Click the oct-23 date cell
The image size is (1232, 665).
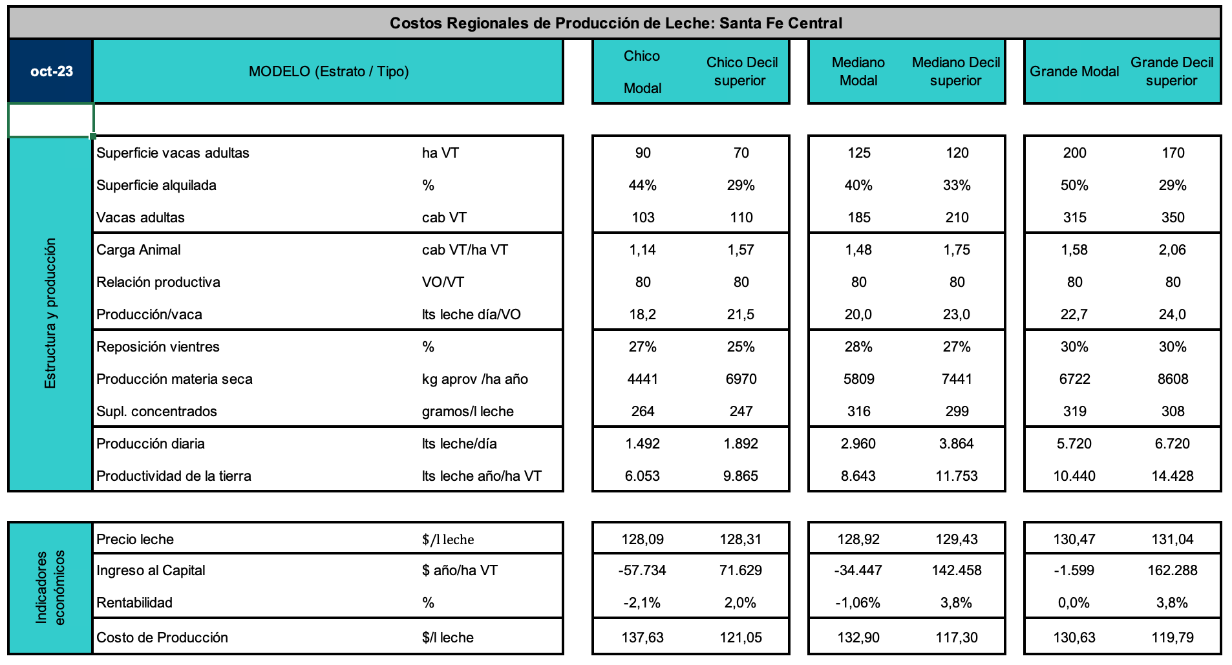tap(51, 71)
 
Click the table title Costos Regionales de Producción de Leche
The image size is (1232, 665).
tap(615, 23)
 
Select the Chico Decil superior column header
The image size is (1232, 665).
tap(741, 71)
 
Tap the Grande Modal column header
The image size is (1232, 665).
tap(1074, 71)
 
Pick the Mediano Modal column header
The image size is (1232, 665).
tap(858, 71)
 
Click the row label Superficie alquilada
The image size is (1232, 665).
tap(156, 185)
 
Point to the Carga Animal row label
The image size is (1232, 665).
tap(138, 250)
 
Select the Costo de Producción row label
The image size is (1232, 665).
tap(162, 638)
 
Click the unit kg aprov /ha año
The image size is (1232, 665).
tap(475, 379)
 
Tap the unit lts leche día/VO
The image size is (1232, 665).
tap(471, 315)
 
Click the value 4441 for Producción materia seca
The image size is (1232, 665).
tap(643, 379)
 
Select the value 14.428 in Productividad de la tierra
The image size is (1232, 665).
tap(1173, 476)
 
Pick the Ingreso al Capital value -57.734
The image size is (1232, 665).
tap(642, 571)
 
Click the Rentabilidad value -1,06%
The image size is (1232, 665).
tap(858, 603)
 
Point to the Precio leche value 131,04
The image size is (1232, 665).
tap(1173, 540)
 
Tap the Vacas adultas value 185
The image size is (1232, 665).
tap(858, 218)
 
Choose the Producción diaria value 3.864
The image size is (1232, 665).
tap(957, 444)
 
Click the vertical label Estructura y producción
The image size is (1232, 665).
tap(50, 313)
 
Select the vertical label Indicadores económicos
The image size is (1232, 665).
tap(50, 587)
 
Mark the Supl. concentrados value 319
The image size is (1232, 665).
tap(1074, 412)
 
